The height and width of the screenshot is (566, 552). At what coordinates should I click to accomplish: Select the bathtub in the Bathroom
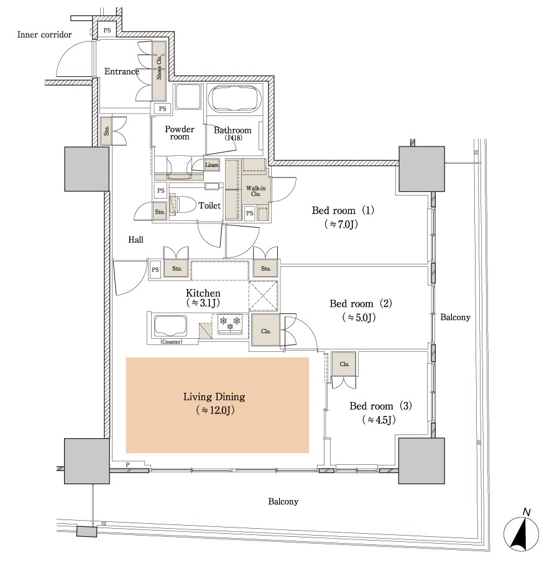[x=235, y=99]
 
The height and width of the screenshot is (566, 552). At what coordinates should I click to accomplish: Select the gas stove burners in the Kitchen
[x=229, y=323]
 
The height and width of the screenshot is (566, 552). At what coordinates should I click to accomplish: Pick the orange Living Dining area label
[x=214, y=397]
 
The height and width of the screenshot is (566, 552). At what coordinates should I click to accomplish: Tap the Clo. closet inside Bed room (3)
[x=343, y=364]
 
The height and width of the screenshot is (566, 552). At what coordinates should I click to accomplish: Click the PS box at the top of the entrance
[x=107, y=30]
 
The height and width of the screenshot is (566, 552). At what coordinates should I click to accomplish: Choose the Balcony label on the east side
[x=455, y=317]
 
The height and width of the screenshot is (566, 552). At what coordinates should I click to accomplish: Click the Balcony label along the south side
[x=283, y=501]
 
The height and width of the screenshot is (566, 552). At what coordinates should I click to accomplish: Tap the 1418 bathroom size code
[x=234, y=138]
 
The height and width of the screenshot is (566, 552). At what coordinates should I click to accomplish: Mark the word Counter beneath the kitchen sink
[x=171, y=342]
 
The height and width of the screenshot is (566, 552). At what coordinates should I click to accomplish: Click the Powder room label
[x=179, y=133]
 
